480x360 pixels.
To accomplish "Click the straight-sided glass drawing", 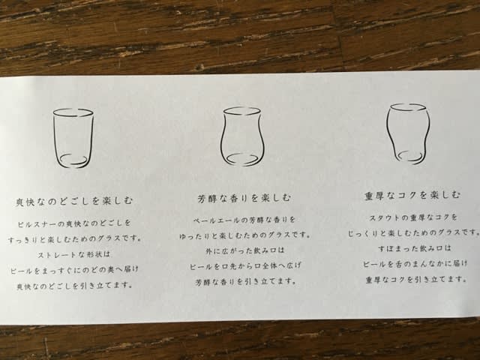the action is pos(54,138).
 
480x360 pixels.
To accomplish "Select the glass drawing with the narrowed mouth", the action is pos(388,128).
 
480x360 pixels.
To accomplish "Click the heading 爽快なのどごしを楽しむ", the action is pos(74,201).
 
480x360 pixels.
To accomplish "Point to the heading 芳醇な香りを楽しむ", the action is pos(244,198).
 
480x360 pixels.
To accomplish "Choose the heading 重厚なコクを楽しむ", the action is pos(412,195).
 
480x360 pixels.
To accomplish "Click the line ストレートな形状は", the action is pos(73,255).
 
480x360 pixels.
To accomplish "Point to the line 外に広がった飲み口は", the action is pos(245,250).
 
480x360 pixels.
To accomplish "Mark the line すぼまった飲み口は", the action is pos(415,248).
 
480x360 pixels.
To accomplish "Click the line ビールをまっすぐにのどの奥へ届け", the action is pos(74,271).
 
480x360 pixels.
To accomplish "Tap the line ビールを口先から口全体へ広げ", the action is pos(245,266).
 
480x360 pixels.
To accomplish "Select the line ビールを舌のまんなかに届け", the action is pos(415,264).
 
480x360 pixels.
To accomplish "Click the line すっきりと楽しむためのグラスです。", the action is pos(75,238).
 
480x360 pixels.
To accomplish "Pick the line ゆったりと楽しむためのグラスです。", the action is pos(244,235).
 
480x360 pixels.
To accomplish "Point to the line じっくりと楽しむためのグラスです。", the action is pos(413,233).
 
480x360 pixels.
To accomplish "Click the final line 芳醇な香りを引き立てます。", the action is pos(246,282).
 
